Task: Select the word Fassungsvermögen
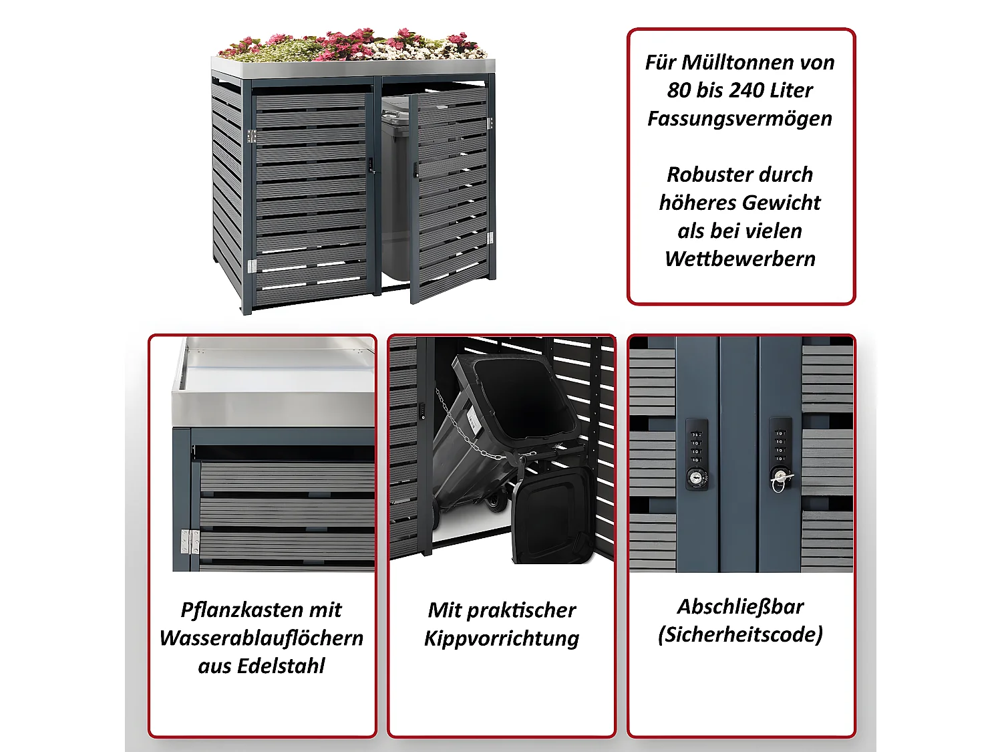click(740, 118)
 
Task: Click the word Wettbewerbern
click(740, 259)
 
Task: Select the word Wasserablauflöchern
click(261, 638)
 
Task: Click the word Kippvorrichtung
click(501, 638)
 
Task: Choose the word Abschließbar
click(740, 606)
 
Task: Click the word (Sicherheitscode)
click(740, 634)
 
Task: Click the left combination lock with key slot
click(697, 455)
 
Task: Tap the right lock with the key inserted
click(780, 455)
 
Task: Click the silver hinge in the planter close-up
click(190, 541)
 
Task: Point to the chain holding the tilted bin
click(468, 434)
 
